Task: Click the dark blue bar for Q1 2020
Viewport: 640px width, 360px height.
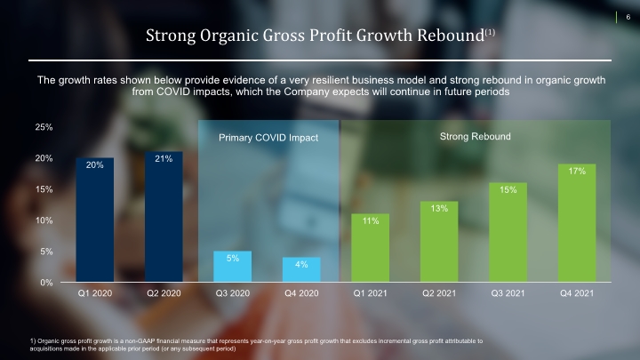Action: point(95,220)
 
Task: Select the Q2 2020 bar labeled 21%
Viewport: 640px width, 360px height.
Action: point(164,217)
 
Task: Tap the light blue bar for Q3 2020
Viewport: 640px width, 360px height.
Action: point(233,266)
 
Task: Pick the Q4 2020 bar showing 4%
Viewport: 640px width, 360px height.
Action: point(301,269)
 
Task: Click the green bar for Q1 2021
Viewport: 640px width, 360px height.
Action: point(370,248)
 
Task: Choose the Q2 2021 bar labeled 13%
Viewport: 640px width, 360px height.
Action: point(439,242)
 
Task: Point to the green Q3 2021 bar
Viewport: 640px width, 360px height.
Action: point(508,232)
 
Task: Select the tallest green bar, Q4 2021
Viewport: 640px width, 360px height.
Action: point(577,223)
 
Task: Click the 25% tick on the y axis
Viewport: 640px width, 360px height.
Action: point(44,127)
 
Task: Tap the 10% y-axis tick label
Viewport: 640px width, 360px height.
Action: point(44,220)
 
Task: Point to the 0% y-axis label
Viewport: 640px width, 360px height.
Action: point(46,283)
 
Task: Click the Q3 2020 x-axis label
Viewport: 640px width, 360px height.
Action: point(233,293)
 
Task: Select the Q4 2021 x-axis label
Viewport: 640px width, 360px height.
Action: point(577,293)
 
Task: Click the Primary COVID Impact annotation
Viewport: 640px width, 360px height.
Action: point(268,138)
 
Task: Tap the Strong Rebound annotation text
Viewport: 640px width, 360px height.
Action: point(475,136)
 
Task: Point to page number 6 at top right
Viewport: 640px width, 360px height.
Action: point(628,17)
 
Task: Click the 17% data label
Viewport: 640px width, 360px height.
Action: point(577,171)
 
